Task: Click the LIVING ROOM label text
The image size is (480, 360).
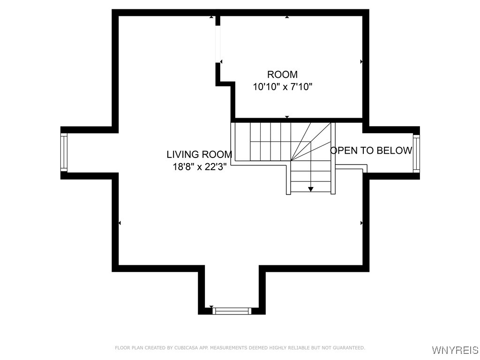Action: click(x=199, y=154)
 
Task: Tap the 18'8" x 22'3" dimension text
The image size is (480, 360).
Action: click(x=199, y=167)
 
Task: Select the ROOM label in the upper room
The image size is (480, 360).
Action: click(x=282, y=75)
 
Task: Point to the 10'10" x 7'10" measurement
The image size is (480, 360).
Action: click(x=282, y=87)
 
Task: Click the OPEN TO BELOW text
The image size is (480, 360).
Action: click(x=371, y=150)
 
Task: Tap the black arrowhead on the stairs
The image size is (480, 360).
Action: click(x=310, y=189)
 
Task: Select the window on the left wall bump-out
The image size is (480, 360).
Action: click(x=64, y=152)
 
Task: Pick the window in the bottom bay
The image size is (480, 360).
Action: click(x=232, y=310)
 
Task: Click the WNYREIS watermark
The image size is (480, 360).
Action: click(x=455, y=350)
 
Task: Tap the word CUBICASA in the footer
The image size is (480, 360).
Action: click(x=173, y=348)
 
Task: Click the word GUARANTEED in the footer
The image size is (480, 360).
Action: click(x=349, y=348)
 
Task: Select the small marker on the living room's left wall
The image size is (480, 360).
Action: click(x=120, y=223)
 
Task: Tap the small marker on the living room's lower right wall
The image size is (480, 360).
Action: click(x=361, y=223)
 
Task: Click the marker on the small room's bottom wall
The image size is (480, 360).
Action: click(x=287, y=117)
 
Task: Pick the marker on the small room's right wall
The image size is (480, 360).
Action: click(x=361, y=61)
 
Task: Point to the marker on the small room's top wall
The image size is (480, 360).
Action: click(x=287, y=17)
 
